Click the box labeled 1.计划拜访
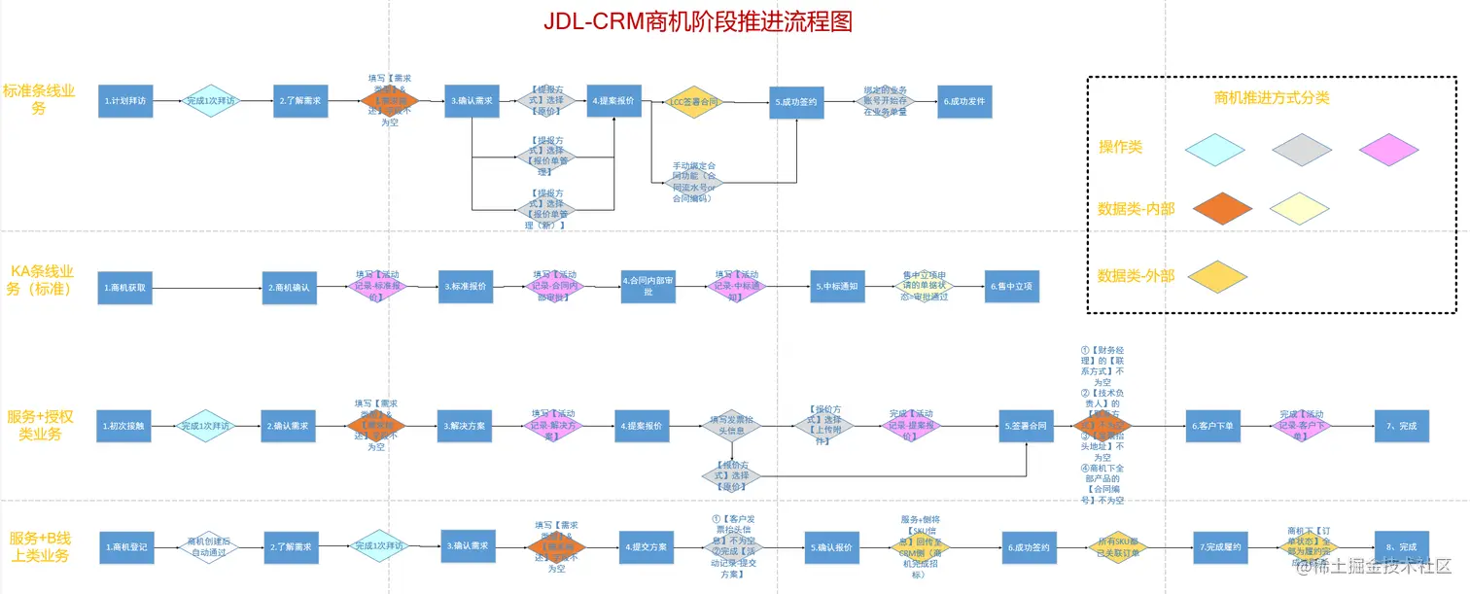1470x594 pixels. coord(125,101)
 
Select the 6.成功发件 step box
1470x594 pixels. coord(964,101)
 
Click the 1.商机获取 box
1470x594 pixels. coord(125,288)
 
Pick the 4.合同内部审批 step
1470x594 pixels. coord(648,287)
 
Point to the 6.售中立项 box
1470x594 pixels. coord(1012,287)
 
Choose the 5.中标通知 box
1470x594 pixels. coord(837,287)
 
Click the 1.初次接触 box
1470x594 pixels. coord(124,426)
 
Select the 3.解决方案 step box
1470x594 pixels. coord(465,426)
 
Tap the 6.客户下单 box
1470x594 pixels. coord(1214,426)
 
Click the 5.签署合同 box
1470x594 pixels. coord(1029,426)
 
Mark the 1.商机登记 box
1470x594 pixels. coord(126,547)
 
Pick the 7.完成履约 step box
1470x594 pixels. coord(1221,547)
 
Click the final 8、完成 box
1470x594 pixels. coord(1402,547)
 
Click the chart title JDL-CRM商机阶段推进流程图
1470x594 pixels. coord(697,22)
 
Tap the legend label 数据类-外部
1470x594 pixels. coord(1136,276)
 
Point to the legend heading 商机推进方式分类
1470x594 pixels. coord(1271,97)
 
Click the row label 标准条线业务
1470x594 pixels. coord(39,99)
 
